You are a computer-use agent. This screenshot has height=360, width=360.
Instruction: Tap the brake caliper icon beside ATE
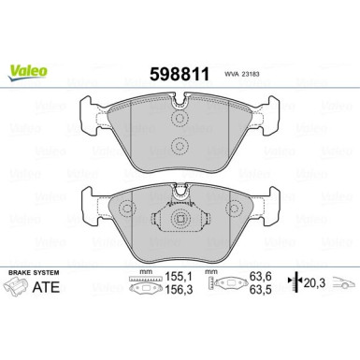coord(21,291)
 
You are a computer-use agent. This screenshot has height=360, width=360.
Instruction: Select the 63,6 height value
coord(264,278)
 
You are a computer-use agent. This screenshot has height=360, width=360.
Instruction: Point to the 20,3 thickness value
coord(315,285)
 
